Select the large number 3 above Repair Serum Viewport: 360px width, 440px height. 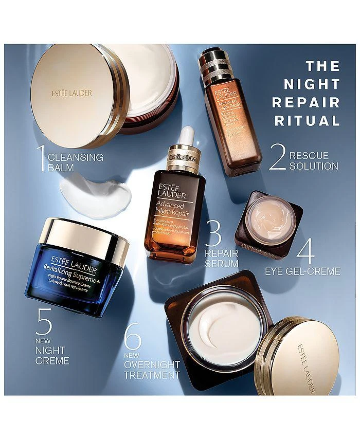click(x=213, y=234)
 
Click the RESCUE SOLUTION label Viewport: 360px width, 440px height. click(x=314, y=160)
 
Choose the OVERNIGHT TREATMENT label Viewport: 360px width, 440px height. click(x=152, y=370)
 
